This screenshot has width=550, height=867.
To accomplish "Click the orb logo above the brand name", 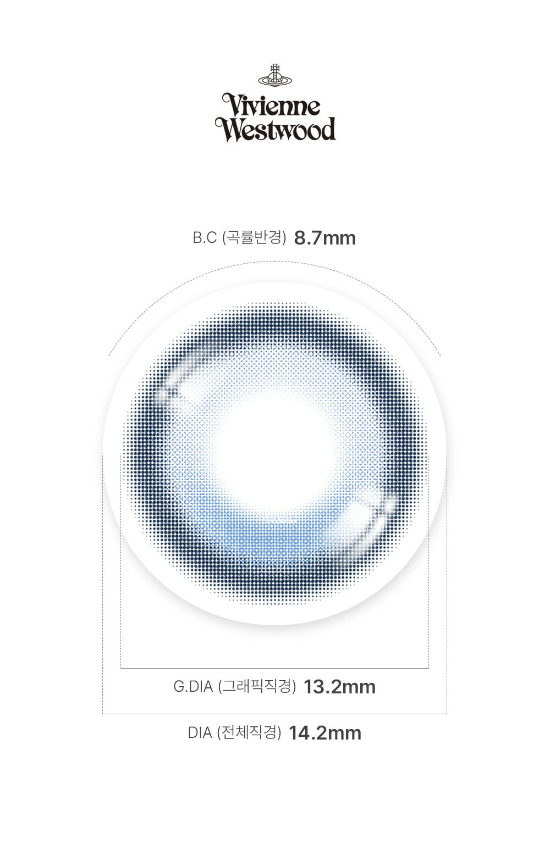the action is pyautogui.click(x=275, y=75).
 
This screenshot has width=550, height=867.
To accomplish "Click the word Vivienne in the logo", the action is pyautogui.click(x=271, y=105).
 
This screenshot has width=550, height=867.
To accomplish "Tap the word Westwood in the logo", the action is pyautogui.click(x=276, y=129).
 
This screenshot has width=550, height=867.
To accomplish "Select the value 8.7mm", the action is pyautogui.click(x=324, y=238).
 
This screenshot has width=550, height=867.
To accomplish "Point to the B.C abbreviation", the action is pyautogui.click(x=205, y=238).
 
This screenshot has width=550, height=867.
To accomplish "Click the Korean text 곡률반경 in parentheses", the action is pyautogui.click(x=255, y=238).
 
